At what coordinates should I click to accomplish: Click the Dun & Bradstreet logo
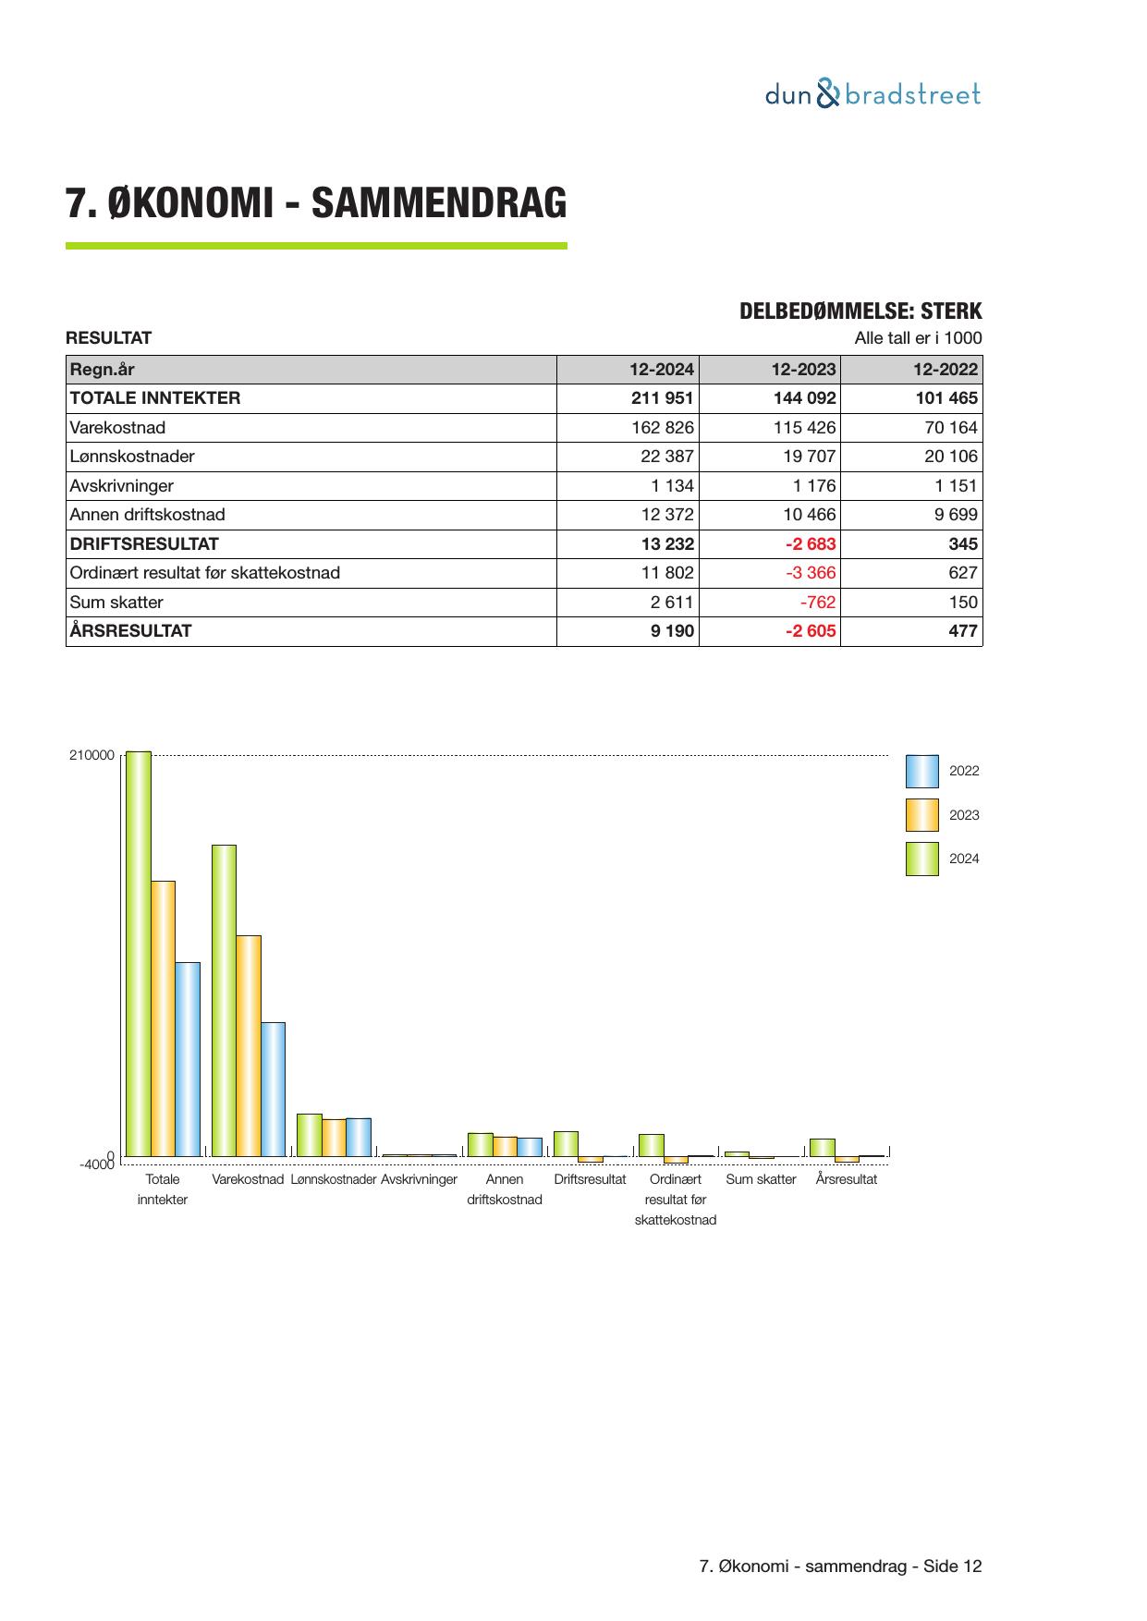pos(872,94)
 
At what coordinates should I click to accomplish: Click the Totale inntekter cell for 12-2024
pos(662,398)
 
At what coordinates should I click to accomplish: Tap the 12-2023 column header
pos(803,370)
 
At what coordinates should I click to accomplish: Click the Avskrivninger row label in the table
pos(122,486)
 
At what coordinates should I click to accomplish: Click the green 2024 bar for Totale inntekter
pos(139,952)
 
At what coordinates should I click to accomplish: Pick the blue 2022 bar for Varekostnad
pos(273,1089)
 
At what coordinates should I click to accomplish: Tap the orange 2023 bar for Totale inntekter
pos(163,1017)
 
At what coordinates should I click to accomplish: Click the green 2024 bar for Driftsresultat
pos(566,1143)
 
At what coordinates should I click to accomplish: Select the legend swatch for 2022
pos(921,771)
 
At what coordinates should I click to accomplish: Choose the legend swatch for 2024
pos(921,859)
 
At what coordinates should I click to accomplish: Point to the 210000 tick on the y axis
pos(92,755)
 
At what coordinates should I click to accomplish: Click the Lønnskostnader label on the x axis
pos(333,1179)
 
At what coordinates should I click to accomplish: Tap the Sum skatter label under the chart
pos(761,1179)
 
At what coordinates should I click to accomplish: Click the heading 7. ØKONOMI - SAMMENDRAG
pos(316,203)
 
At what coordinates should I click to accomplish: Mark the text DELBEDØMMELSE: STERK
pos(860,311)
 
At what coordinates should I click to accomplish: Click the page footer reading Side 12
pos(841,1566)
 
